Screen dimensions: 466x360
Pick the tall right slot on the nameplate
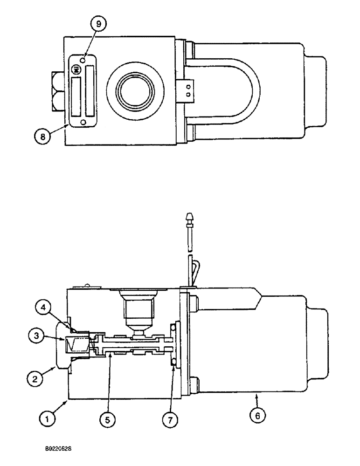coord(89,91)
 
